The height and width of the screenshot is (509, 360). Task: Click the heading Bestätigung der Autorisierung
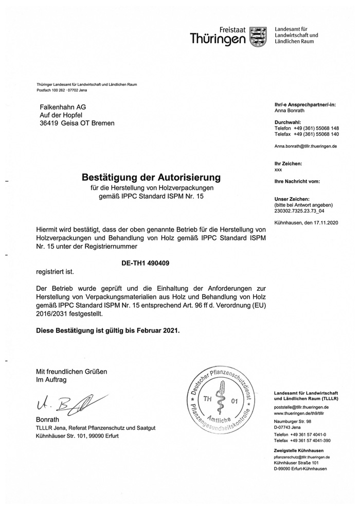151,177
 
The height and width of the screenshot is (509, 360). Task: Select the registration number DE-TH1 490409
146,262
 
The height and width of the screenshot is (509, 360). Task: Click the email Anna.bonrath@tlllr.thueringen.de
305,146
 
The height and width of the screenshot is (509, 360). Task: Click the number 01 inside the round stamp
235,401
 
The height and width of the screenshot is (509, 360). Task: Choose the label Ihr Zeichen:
289,163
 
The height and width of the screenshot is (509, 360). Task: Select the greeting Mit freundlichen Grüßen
71,371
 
